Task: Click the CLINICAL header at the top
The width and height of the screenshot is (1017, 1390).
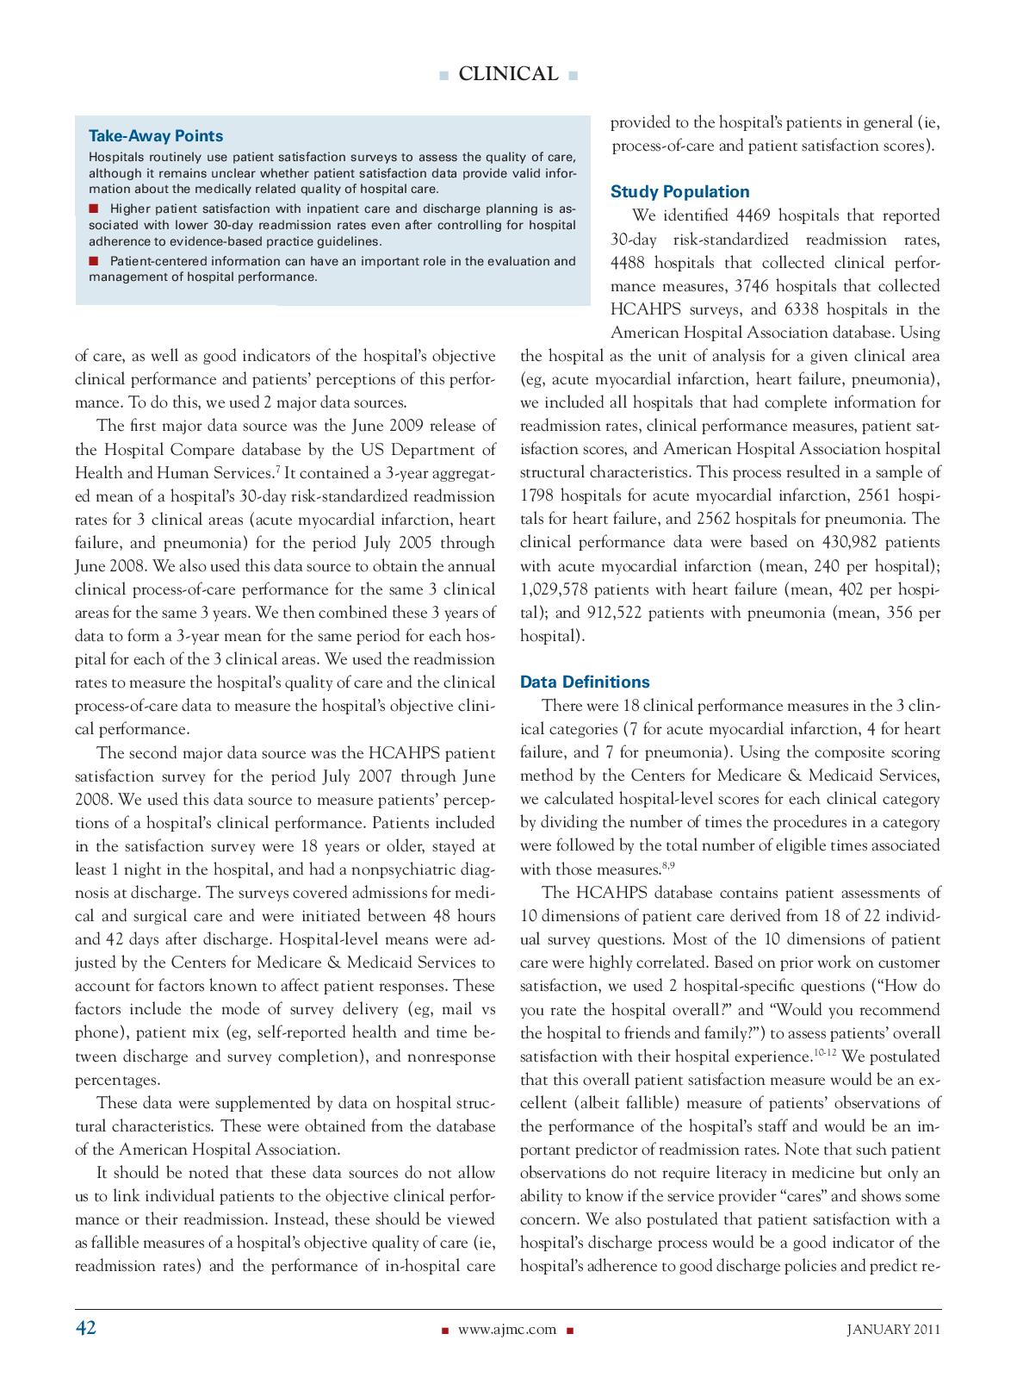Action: coord(508,75)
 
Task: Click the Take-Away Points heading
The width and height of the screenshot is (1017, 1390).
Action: coord(156,136)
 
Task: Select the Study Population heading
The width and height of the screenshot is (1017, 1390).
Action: coord(679,192)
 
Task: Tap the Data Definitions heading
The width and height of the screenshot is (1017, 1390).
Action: coord(585,682)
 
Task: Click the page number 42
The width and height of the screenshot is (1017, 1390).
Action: coord(86,1328)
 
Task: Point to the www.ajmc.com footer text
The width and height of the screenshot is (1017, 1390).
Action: coord(507,1330)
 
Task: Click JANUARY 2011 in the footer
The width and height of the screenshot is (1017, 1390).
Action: coord(893,1330)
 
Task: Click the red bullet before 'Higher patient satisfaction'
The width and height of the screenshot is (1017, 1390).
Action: coord(94,209)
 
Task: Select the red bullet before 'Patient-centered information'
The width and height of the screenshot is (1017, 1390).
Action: coord(94,260)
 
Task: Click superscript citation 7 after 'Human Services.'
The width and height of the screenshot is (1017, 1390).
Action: coord(277,470)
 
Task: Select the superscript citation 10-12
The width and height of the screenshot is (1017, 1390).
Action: coord(825,1053)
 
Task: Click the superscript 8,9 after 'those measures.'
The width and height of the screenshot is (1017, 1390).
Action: coord(668,865)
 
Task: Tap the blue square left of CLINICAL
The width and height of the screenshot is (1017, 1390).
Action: coord(443,76)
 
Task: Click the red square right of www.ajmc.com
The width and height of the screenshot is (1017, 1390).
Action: coord(570,1331)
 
